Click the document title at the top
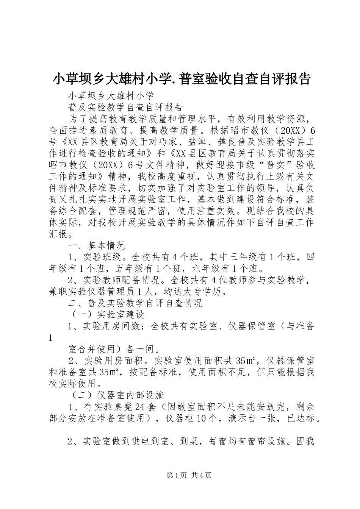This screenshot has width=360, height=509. coord(181,79)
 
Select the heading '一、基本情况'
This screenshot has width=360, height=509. coord(96,246)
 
